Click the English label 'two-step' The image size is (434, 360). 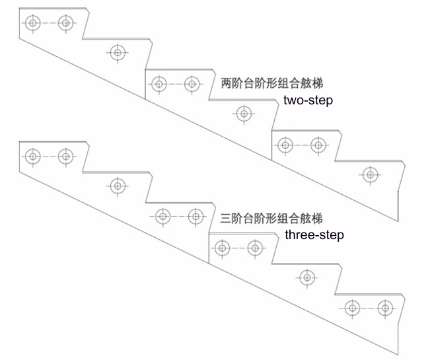pos(308,101)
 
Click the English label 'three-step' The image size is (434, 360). pos(314,235)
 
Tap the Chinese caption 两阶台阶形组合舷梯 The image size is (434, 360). pos(271,84)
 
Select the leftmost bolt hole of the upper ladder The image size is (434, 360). pos(32,24)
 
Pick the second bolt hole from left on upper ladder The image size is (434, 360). pos(65,24)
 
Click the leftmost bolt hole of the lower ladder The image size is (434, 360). pos(32,157)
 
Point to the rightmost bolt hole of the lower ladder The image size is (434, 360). pos(384,307)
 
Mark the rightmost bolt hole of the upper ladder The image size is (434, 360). pos(369,175)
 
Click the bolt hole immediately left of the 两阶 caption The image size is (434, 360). pos(192,84)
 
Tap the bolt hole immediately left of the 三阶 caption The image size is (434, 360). pos(196,215)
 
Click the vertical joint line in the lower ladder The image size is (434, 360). pos(208,247)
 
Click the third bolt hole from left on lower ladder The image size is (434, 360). pos(118,186)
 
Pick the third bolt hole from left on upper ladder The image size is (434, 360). pos(118,52)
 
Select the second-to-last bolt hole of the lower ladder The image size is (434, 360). pos(352,307)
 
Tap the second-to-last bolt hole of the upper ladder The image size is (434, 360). pos(318,145)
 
